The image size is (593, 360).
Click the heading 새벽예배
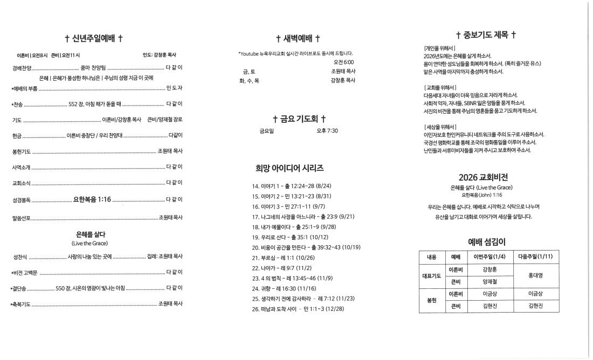coord(298,38)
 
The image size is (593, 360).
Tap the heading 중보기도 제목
coord(486,36)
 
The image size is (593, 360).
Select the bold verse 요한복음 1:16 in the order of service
coord(92,199)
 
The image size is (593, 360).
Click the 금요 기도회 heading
coord(299,119)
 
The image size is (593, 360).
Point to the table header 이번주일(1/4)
coord(488,257)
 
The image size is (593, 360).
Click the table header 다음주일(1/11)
coord(533,257)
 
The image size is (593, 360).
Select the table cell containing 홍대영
coord(533,275)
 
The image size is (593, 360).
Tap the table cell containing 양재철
coord(488,281)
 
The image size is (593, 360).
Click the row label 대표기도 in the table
coord(431,275)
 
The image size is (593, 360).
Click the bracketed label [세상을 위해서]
coord(440,127)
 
